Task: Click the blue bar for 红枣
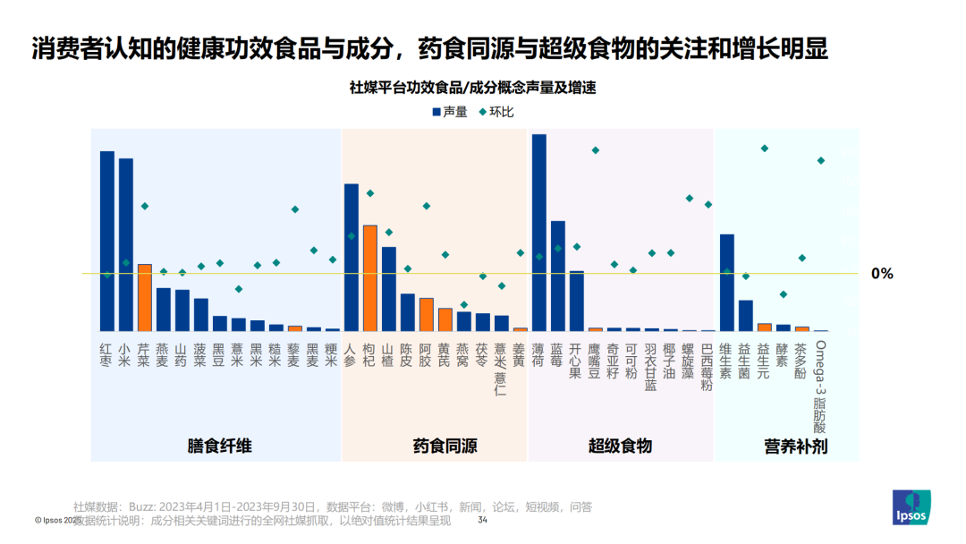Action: [x=107, y=241]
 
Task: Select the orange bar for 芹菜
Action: [x=144, y=297]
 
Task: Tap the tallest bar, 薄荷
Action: [x=539, y=233]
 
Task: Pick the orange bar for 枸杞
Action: [x=370, y=277]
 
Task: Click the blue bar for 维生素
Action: [x=727, y=283]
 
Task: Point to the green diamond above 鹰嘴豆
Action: [x=596, y=150]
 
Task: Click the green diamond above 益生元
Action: [x=765, y=148]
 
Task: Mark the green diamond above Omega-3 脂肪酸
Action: [x=821, y=161]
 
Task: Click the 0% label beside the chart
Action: [x=882, y=274]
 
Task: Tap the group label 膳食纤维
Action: [x=219, y=446]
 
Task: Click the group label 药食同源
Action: [x=445, y=446]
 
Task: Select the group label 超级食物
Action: [x=620, y=446]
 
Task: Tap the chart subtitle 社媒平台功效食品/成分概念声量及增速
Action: [x=473, y=88]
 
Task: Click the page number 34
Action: [x=483, y=520]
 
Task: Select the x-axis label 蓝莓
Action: [x=558, y=354]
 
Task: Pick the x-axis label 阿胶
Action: [x=427, y=354]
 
